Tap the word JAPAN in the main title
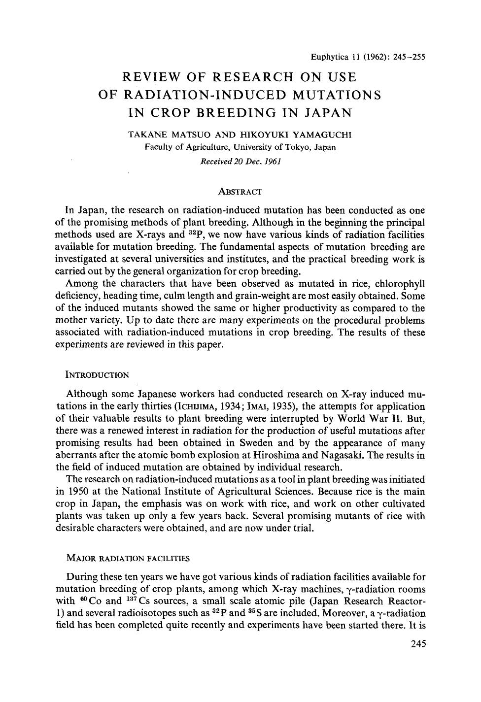click(x=327, y=112)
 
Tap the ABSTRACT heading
click(x=240, y=192)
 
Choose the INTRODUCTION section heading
click(x=97, y=375)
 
